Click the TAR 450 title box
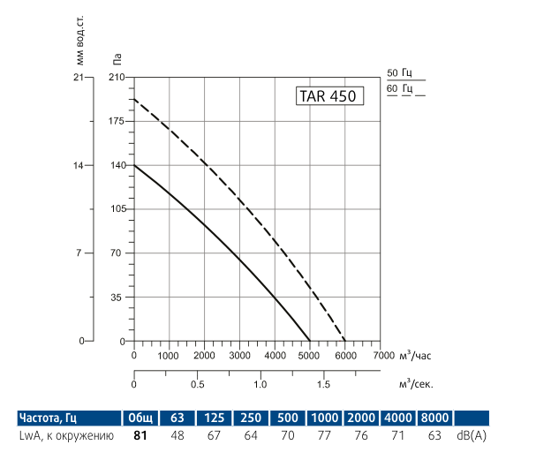point(328,97)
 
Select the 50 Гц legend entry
point(400,73)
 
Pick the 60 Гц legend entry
point(400,89)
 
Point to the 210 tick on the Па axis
point(117,78)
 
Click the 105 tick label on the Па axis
point(117,209)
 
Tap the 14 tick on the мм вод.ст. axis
point(79,165)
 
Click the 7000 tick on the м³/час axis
point(383,355)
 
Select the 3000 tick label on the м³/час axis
point(239,355)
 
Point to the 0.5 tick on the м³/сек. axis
point(197,385)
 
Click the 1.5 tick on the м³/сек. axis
point(323,385)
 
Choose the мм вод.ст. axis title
point(79,44)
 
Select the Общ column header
point(140,418)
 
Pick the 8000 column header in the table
point(434,418)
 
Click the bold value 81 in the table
point(140,435)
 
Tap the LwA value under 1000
point(323,435)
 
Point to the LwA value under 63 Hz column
point(177,435)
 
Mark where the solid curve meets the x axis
point(310,341)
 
